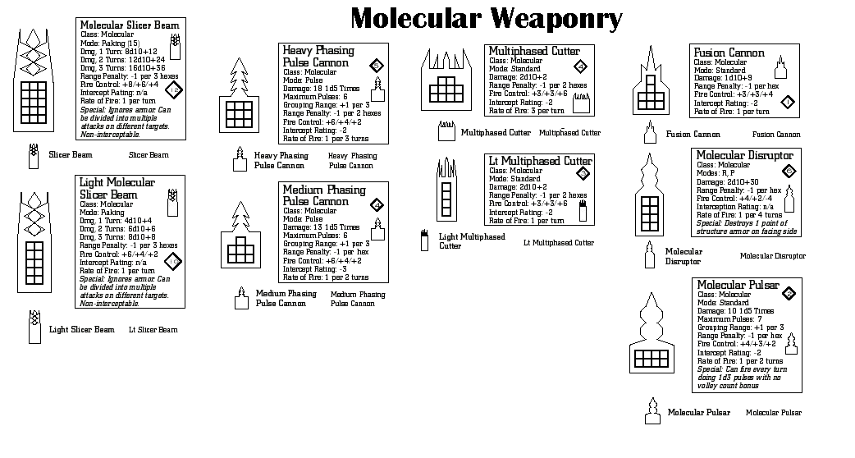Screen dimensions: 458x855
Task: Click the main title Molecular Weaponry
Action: coord(487,18)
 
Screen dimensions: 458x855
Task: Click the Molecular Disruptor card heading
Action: coord(744,155)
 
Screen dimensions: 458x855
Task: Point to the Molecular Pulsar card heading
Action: coord(738,285)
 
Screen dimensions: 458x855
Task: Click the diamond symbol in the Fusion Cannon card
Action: coord(788,102)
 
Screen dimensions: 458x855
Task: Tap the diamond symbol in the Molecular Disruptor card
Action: coord(789,171)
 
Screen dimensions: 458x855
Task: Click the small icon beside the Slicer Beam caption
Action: coord(33,154)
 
